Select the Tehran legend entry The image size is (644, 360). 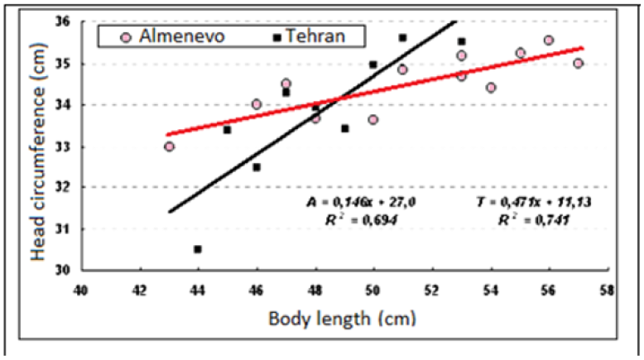308,37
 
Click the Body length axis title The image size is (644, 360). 343,318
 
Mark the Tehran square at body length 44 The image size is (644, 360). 198,249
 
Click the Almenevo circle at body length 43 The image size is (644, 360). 169,146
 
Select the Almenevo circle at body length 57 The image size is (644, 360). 578,64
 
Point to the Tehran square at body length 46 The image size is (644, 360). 257,167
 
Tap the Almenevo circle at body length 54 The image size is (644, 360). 491,88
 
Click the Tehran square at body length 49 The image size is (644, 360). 344,128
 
